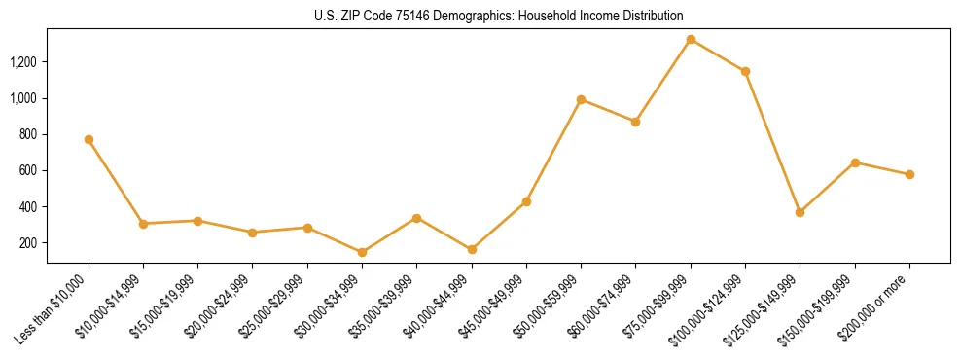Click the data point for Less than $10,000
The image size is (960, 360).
coord(89,139)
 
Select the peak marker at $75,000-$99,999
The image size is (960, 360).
coord(691,40)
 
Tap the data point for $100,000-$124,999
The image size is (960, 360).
coord(745,71)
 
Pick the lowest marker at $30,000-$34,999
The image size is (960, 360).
coord(362,252)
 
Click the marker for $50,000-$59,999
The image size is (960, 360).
coord(581,99)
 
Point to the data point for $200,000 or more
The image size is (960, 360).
coord(909,174)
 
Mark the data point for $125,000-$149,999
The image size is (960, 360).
coord(800,212)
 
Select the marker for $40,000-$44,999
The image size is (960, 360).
coord(472,249)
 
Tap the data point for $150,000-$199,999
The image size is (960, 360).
coord(855,162)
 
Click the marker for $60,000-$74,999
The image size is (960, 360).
coord(635,122)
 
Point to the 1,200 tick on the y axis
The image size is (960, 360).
coord(23,62)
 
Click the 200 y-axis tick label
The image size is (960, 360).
coord(29,243)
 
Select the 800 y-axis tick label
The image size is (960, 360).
coord(29,134)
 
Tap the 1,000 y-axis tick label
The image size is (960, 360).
coord(23,98)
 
